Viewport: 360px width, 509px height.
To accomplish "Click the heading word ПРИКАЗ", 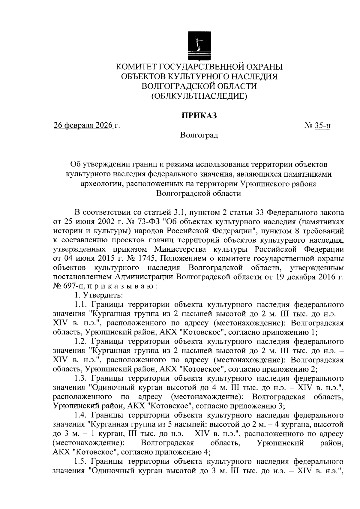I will pos(199,115).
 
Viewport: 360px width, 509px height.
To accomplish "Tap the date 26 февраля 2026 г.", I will pos(87,126).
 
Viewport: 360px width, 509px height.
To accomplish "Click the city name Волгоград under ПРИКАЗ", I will pos(199,135).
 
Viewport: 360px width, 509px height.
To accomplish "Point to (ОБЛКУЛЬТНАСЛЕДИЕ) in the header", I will pos(199,96).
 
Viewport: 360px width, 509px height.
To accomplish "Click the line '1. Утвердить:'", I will pos(99,295).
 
